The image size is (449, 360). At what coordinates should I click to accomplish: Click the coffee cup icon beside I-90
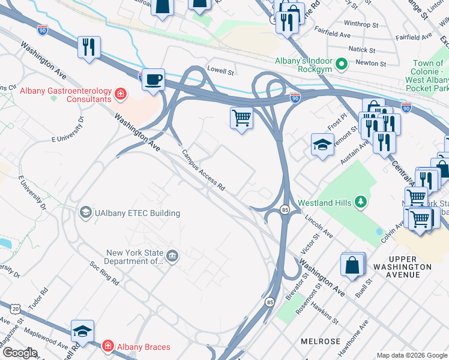(154, 79)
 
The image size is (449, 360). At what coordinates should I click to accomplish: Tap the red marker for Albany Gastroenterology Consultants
(121, 94)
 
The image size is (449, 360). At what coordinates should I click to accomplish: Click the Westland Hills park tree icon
(361, 202)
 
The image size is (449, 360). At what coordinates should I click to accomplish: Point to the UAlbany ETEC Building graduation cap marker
(86, 212)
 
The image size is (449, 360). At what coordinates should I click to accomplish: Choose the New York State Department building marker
(173, 257)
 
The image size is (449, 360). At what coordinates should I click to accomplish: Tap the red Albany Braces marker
(108, 346)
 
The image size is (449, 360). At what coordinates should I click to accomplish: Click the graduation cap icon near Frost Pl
(322, 145)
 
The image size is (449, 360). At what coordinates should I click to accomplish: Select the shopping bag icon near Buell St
(352, 264)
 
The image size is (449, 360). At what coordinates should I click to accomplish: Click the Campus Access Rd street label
(203, 170)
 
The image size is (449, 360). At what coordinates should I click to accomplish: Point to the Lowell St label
(220, 70)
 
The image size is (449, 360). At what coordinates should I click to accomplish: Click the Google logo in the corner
(19, 353)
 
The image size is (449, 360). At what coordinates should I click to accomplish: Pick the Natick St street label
(363, 50)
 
